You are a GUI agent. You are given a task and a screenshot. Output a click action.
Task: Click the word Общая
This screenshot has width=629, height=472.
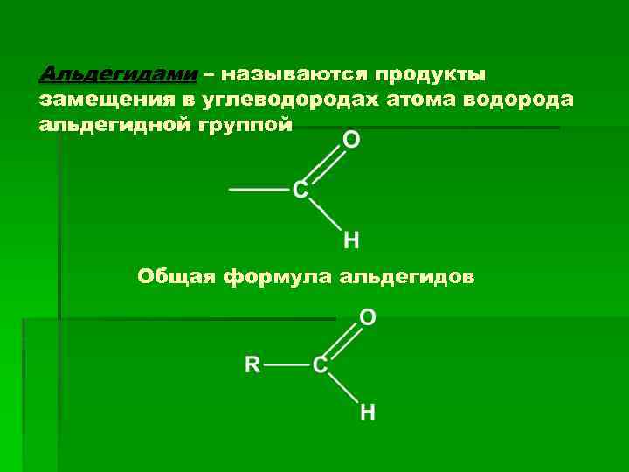(x=176, y=277)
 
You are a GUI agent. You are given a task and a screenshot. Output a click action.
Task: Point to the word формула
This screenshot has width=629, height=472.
(x=278, y=277)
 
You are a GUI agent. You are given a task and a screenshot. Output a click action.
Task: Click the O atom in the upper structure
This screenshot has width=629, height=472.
(x=351, y=140)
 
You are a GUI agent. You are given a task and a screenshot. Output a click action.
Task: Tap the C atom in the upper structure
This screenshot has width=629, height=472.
(x=300, y=189)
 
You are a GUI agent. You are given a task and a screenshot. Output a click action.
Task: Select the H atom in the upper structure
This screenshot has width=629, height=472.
(x=351, y=239)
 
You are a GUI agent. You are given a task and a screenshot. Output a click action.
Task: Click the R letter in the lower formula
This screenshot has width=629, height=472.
(x=252, y=364)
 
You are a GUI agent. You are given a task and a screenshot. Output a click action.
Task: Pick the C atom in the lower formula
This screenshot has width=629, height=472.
(x=321, y=364)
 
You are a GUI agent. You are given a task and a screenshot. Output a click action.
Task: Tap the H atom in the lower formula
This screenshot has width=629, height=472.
(x=369, y=412)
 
